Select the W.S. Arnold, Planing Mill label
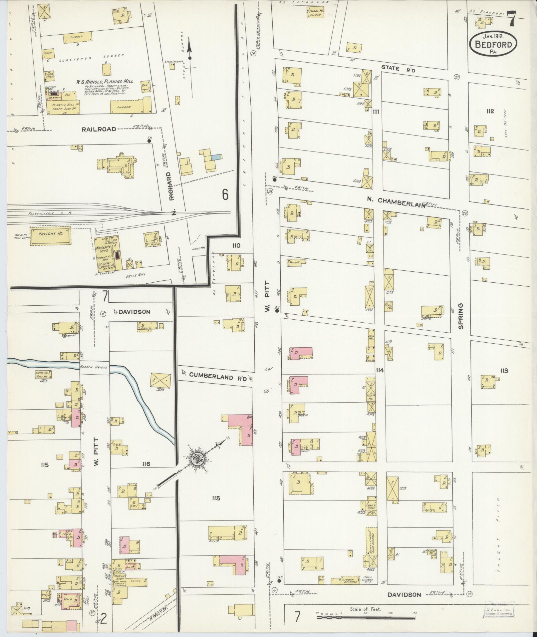tap(104, 81)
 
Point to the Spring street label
tap(461, 316)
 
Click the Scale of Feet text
tap(365, 609)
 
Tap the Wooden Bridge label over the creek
tap(94, 367)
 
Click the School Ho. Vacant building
tap(315, 13)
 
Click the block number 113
tap(503, 371)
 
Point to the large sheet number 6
tap(225, 195)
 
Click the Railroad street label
tap(100, 129)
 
